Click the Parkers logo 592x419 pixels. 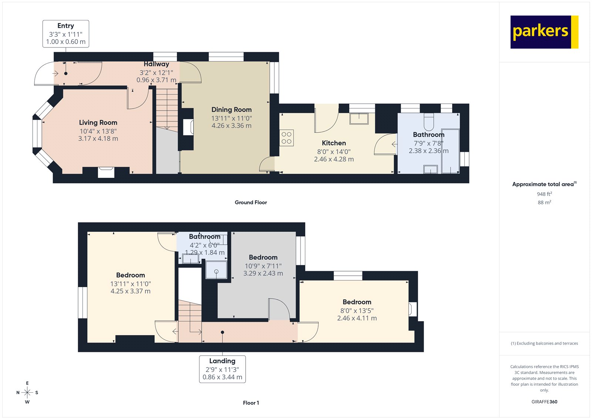pyautogui.click(x=544, y=32)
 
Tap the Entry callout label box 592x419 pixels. pyautogui.click(x=66, y=34)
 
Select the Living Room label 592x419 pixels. pyautogui.click(x=98, y=123)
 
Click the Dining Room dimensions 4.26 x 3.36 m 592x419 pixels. pyautogui.click(x=231, y=126)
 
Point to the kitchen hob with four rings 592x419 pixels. pyautogui.click(x=286, y=137)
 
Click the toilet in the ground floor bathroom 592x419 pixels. pyautogui.click(x=428, y=121)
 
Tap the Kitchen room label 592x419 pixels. pyautogui.click(x=334, y=143)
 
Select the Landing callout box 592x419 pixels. pyautogui.click(x=222, y=369)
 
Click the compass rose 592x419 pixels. pyautogui.click(x=27, y=392)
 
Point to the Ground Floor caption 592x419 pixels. pyautogui.click(x=250, y=202)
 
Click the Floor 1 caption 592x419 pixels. pyautogui.click(x=251, y=403)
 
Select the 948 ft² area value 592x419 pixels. pyautogui.click(x=544, y=194)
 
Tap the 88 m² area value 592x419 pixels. pyautogui.click(x=544, y=202)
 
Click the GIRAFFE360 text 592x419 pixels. pyautogui.click(x=544, y=402)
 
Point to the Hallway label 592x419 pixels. pyautogui.click(x=156, y=64)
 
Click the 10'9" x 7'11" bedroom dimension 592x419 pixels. pyautogui.click(x=263, y=266)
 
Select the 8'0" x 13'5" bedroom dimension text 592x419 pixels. pyautogui.click(x=357, y=311)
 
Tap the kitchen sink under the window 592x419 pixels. pyautogui.click(x=359, y=119)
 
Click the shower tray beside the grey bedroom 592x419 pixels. pyautogui.click(x=216, y=269)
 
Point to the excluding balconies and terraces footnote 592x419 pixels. pyautogui.click(x=544, y=343)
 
